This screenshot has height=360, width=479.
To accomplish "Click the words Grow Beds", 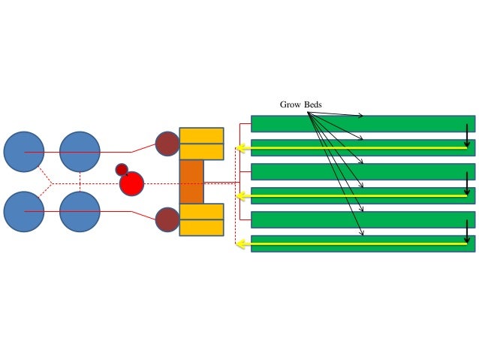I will point(300,105).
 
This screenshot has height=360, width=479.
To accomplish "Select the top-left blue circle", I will point(24,152).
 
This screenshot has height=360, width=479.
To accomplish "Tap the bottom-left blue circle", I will point(24,212).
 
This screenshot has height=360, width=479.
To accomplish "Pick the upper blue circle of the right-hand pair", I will point(80,152).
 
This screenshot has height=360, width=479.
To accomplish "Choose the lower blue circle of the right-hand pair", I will point(80,212).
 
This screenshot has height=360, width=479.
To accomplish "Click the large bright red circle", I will point(131,183).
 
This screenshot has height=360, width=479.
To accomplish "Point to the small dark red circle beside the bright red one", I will point(121,169).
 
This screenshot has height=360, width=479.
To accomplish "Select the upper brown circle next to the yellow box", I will point(167,144).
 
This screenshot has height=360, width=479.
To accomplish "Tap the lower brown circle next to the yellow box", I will point(167,219).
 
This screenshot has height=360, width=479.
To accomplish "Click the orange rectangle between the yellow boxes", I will point(191,182).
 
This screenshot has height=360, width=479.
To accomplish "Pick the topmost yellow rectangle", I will point(201,135).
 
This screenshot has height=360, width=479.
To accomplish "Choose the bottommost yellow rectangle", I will point(201,228).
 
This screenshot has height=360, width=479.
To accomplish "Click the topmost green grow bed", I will point(362,123).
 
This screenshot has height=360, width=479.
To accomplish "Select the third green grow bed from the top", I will point(362,171).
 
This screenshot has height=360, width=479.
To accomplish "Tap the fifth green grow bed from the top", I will point(362,219).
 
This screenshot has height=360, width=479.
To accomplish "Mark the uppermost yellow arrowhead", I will point(240,148).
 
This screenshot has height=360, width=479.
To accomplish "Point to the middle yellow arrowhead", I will point(240,196).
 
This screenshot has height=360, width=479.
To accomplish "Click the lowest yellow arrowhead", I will point(240,244).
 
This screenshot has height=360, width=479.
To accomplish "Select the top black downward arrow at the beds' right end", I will point(466,135).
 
